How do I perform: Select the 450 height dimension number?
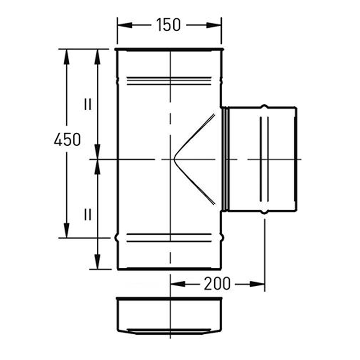(67, 139)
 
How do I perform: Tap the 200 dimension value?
(217, 283)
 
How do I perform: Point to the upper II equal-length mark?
(87, 104)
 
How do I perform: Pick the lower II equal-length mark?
(87, 214)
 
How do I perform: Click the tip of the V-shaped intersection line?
(174, 159)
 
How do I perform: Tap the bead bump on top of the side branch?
(265, 107)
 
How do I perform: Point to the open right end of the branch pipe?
(296, 159)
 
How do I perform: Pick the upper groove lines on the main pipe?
(169, 81)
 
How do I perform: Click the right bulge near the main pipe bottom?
(222, 237)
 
